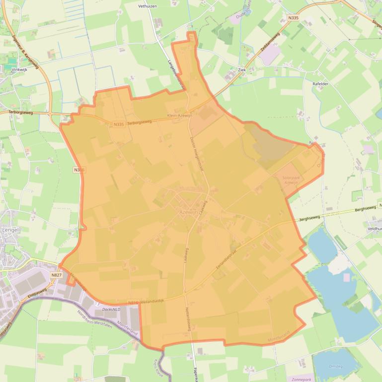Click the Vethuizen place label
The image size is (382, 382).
[148, 6]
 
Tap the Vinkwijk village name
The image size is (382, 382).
[18, 70]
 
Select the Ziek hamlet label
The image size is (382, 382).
[242, 70]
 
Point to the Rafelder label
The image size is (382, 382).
[320, 84]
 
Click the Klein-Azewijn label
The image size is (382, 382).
[179, 115]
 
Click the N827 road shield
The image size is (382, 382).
[56, 275]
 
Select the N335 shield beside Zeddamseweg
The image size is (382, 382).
[293, 18]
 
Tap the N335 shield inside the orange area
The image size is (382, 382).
[118, 125]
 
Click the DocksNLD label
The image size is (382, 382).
[111, 309]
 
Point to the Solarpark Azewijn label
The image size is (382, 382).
[291, 180]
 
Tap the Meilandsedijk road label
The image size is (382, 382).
[152, 300]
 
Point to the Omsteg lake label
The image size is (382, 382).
[336, 366]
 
